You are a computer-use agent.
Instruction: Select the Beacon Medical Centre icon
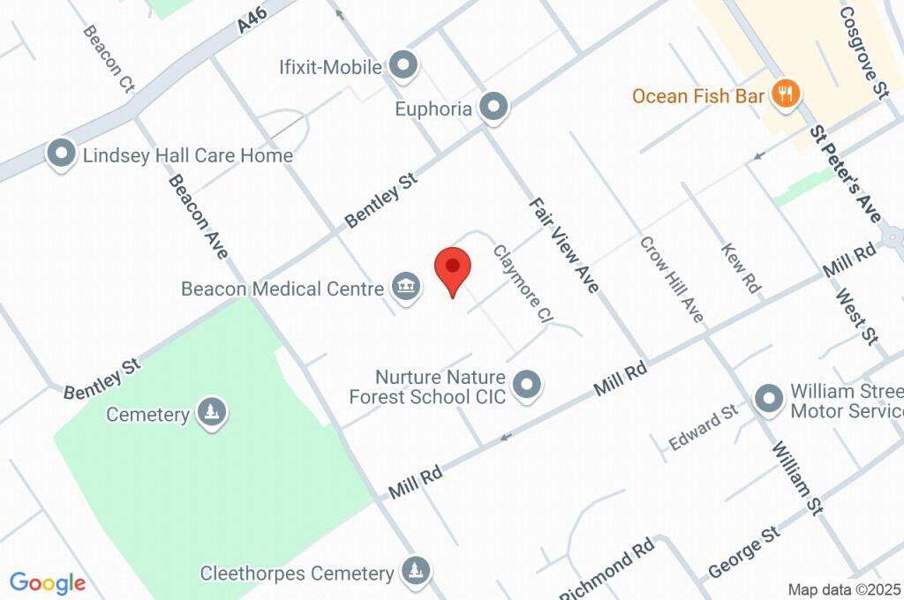pyautogui.click(x=406, y=287)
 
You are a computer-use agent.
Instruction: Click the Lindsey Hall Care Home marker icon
pyautogui.click(x=63, y=154)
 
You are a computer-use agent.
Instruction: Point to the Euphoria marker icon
pyautogui.click(x=494, y=108)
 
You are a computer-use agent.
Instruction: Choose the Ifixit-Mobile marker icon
pyautogui.click(x=403, y=65)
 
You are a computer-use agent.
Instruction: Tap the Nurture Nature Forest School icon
pyautogui.click(x=528, y=385)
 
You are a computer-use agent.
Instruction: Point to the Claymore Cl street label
pyautogui.click(x=523, y=282)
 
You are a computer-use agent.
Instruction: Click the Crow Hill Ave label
pyautogui.click(x=671, y=279)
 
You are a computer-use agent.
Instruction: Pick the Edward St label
pyautogui.click(x=703, y=427)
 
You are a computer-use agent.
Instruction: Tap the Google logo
pyautogui.click(x=48, y=582)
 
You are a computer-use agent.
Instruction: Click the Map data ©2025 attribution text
pyautogui.click(x=844, y=589)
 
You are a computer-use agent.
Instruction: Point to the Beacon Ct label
pyautogui.click(x=109, y=58)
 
